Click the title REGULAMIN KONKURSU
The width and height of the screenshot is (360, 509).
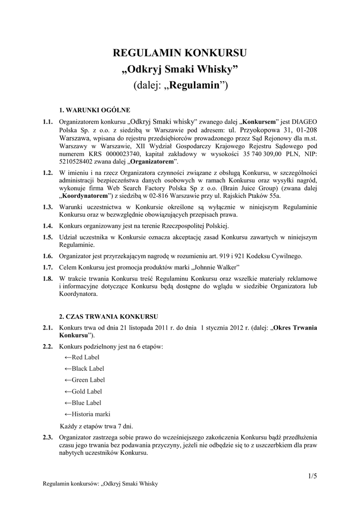(180, 53)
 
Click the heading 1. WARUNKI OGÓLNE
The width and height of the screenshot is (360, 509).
(94, 109)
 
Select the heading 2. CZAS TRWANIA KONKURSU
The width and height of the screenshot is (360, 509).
(108, 316)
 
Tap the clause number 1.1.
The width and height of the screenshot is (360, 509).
(48, 122)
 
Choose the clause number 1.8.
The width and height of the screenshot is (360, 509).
(48, 278)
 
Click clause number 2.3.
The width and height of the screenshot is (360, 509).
(48, 437)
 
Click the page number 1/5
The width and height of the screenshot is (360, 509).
(312, 476)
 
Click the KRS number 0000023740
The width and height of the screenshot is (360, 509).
(114, 155)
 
